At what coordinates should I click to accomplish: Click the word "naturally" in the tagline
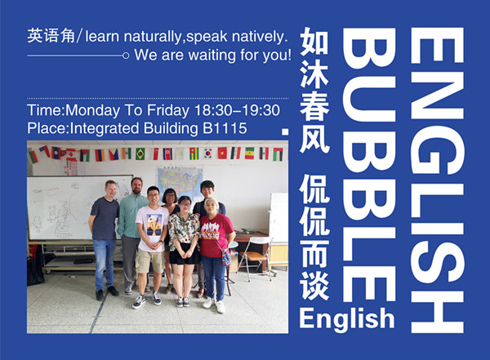(x=152, y=38)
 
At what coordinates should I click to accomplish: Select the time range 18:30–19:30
(x=237, y=110)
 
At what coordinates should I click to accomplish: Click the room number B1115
(x=225, y=128)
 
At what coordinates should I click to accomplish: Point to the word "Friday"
(x=167, y=111)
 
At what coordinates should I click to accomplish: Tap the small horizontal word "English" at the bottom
(x=347, y=318)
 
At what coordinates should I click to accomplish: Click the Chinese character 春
(x=314, y=107)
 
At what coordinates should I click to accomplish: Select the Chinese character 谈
(x=314, y=286)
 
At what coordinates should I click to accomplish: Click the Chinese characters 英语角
(x=51, y=36)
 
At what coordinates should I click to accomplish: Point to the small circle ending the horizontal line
(x=126, y=56)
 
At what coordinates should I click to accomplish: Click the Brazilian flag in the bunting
(x=140, y=154)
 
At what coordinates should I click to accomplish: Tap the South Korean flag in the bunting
(x=208, y=153)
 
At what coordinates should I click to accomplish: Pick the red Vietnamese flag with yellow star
(x=222, y=153)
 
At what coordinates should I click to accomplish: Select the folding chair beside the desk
(x=255, y=258)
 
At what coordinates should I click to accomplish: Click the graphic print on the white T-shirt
(x=154, y=224)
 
